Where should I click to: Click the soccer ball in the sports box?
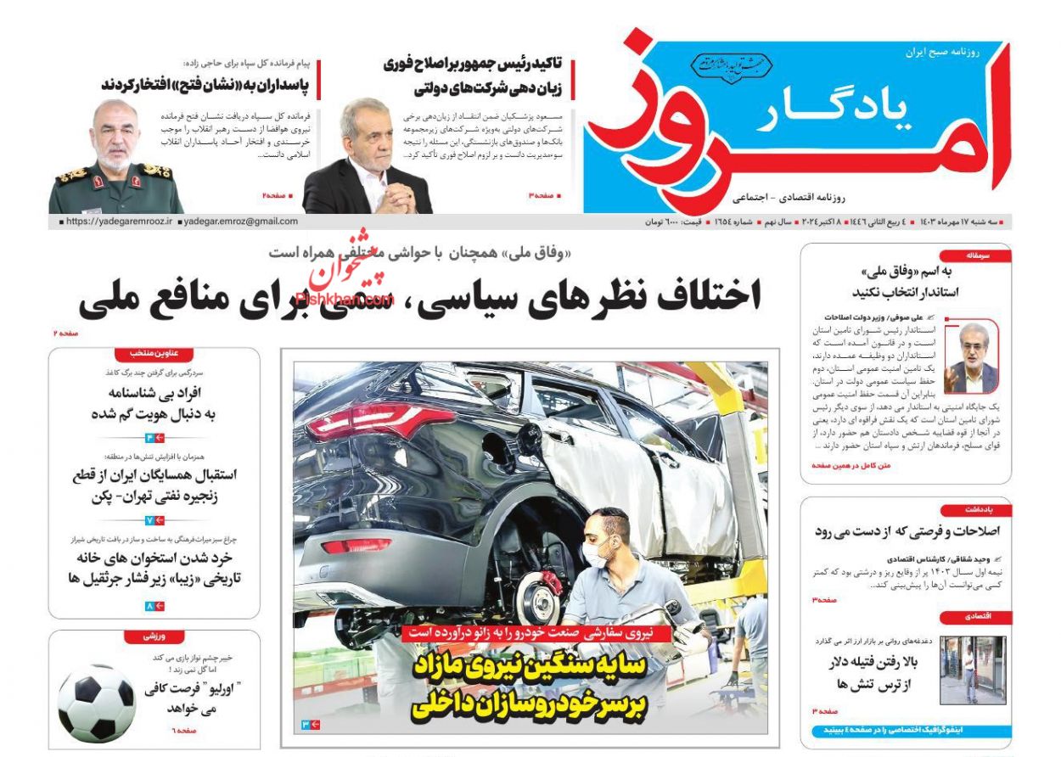(x=97, y=703)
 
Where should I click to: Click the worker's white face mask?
(x=595, y=557)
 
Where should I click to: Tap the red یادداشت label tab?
(x=977, y=509)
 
